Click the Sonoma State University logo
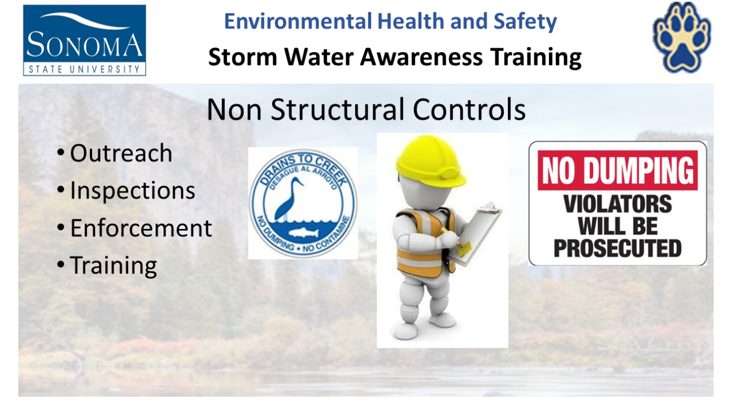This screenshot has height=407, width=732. coord(84,40)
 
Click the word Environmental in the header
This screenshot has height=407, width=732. coord(298,21)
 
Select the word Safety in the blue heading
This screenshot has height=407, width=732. coord(525,22)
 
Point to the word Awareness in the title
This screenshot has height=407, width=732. coord(421,57)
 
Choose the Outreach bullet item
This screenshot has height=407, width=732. coord(121,153)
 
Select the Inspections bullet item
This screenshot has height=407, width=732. coord(132,190)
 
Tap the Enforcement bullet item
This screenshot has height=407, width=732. coord(141,228)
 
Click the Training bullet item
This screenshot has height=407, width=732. coord(114,266)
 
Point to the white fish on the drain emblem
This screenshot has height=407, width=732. coord(304,232)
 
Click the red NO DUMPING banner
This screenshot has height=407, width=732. coord(618,170)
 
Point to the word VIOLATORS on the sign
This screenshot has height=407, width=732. coord(617,204)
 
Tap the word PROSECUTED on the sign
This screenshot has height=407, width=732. coord(618,248)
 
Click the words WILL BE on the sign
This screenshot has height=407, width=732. coord(618,226)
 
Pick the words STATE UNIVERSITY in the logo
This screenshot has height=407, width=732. coord(84,70)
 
